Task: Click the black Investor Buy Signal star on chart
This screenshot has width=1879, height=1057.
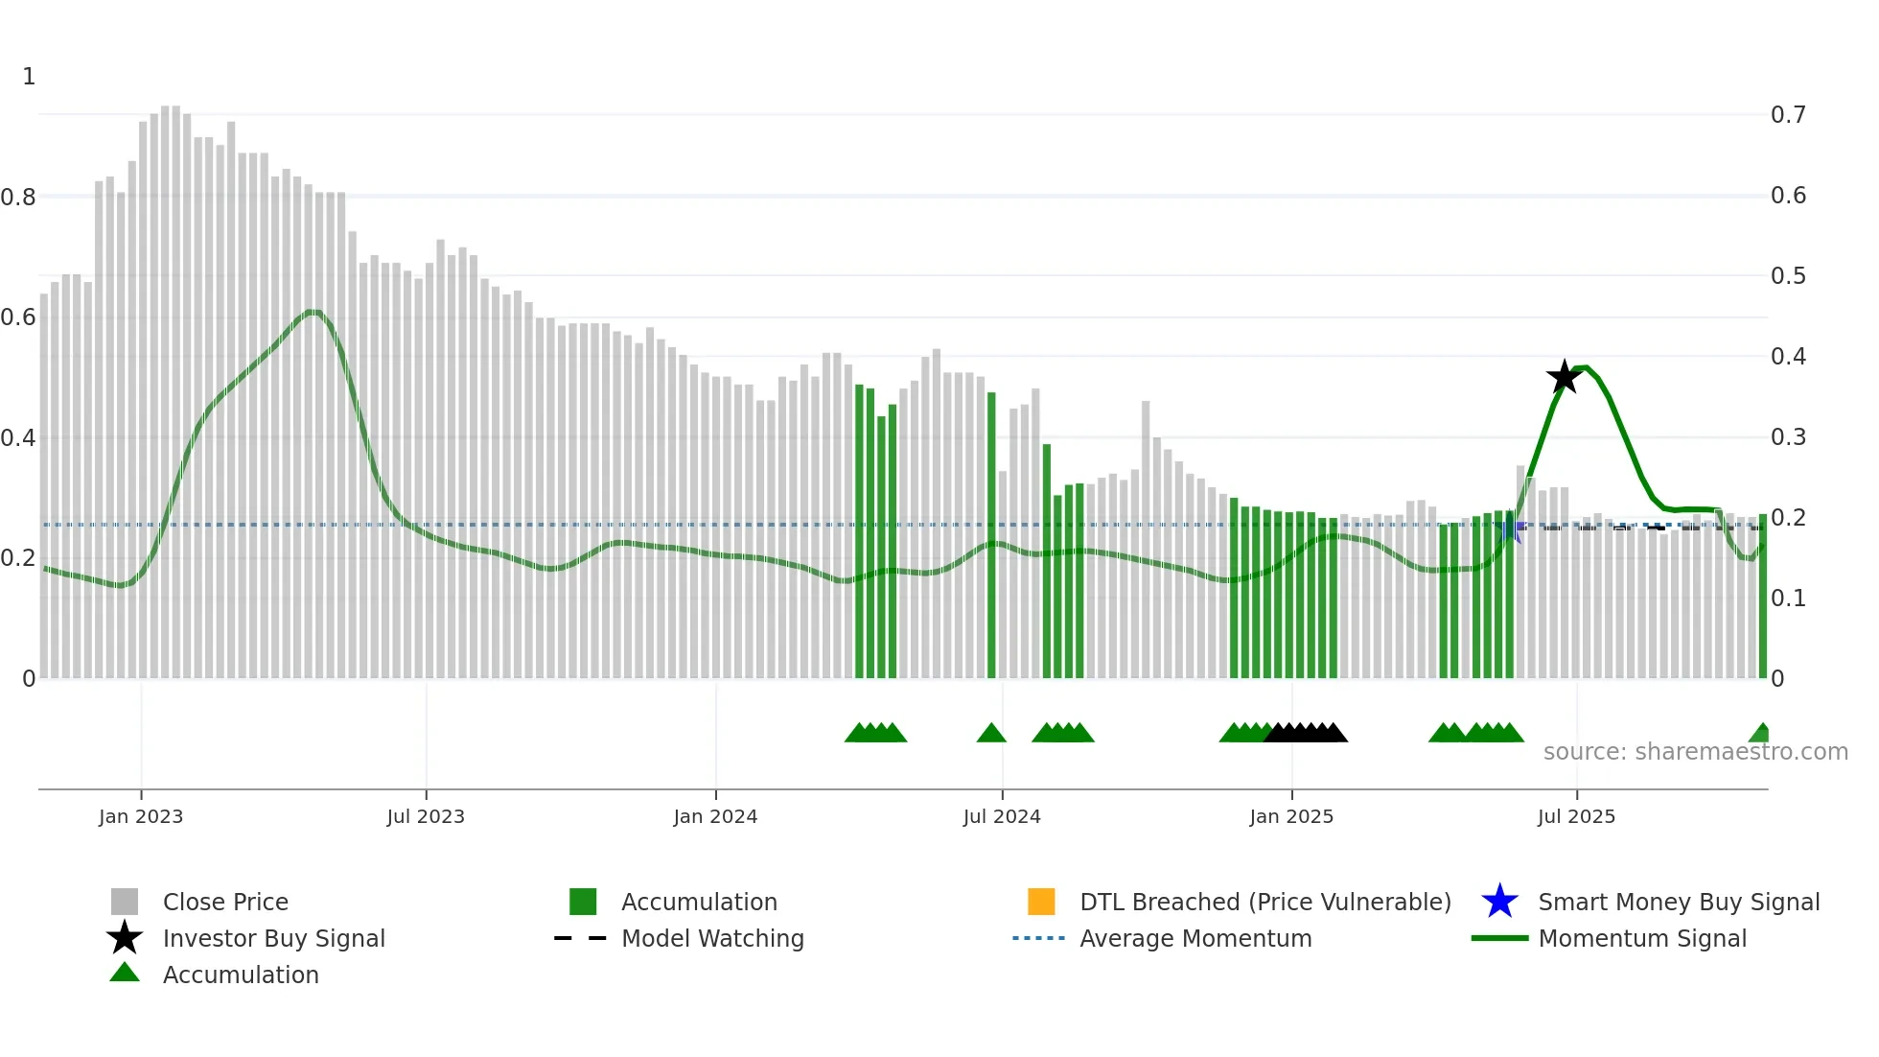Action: click(x=1564, y=377)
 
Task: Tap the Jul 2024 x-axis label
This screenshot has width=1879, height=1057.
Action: click(x=1002, y=816)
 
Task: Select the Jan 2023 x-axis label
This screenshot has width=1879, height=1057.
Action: click(x=141, y=816)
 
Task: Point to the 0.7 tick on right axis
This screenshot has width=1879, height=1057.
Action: click(x=1788, y=115)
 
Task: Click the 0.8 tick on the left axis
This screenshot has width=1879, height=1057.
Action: click(x=18, y=198)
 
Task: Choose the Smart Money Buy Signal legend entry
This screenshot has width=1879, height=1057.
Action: click(x=1678, y=902)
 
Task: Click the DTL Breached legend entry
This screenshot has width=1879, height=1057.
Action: click(x=1264, y=902)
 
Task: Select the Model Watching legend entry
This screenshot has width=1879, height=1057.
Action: click(x=711, y=938)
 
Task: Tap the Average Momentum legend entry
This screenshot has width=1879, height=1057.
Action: click(x=1195, y=938)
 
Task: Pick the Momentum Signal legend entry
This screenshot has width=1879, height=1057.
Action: click(x=1641, y=938)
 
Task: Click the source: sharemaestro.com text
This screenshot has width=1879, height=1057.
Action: click(x=1695, y=751)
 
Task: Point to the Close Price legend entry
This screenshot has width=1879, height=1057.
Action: click(x=224, y=902)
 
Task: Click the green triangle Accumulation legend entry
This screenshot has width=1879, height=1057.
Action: click(x=240, y=975)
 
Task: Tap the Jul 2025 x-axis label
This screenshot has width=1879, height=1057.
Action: click(x=1576, y=816)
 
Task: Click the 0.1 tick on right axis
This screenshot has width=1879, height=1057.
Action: click(x=1788, y=599)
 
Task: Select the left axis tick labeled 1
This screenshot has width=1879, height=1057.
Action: click(x=29, y=77)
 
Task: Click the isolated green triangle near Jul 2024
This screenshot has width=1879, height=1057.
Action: click(x=991, y=734)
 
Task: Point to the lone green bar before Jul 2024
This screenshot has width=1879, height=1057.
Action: click(x=991, y=537)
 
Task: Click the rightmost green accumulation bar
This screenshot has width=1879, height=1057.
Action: click(x=1762, y=595)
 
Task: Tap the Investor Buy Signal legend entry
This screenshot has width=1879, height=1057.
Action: click(x=273, y=938)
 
